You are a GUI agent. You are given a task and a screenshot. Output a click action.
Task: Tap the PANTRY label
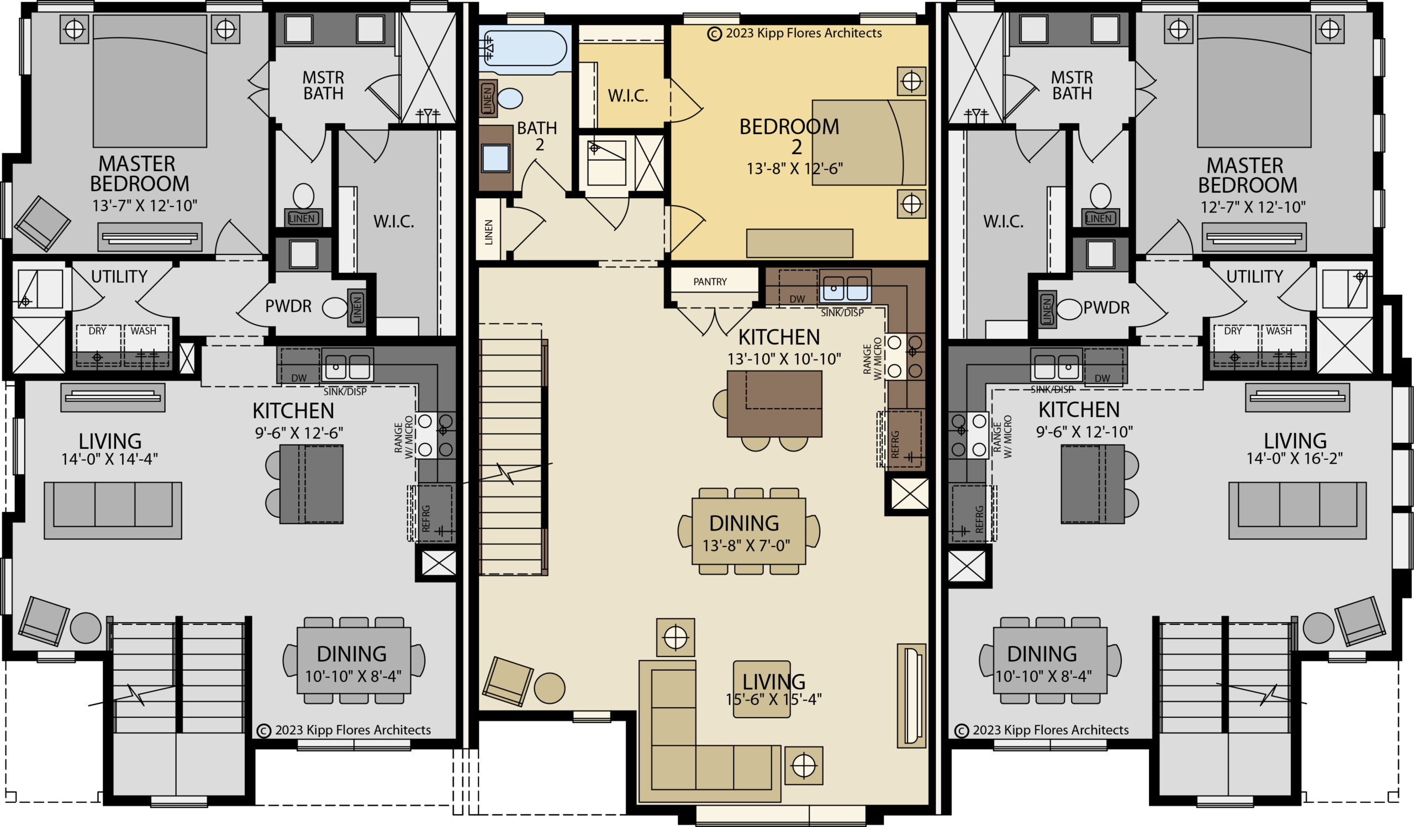[710, 282]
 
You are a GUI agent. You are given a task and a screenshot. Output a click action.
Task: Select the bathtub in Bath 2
[524, 49]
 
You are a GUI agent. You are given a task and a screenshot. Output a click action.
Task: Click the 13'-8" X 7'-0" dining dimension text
[746, 545]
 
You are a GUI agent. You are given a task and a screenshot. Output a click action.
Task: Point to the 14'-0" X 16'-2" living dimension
[1295, 458]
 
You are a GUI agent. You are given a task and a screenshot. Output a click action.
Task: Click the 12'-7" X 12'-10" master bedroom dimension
[1253, 207]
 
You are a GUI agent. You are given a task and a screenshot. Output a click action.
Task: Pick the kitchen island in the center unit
[774, 403]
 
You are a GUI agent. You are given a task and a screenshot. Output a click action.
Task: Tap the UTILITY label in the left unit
[119, 277]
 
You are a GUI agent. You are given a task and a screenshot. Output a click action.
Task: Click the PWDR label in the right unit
[1106, 308]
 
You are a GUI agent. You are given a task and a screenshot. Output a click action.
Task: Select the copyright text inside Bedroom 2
[794, 33]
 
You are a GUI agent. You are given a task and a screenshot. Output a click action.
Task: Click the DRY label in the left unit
[97, 331]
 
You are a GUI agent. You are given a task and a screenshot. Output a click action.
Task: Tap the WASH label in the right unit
[1279, 331]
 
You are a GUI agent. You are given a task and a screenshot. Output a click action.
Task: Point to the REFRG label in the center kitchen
[895, 444]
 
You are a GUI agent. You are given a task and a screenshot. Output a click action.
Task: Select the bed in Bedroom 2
[869, 142]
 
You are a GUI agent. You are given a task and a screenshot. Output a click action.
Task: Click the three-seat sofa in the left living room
[113, 510]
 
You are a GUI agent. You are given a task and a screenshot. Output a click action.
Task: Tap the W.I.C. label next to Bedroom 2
[628, 96]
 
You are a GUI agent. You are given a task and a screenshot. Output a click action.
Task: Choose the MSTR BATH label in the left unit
[323, 85]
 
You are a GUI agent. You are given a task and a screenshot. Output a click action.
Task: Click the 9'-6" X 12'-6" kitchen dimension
[299, 433]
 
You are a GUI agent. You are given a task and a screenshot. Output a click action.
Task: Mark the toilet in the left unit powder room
[335, 308]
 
